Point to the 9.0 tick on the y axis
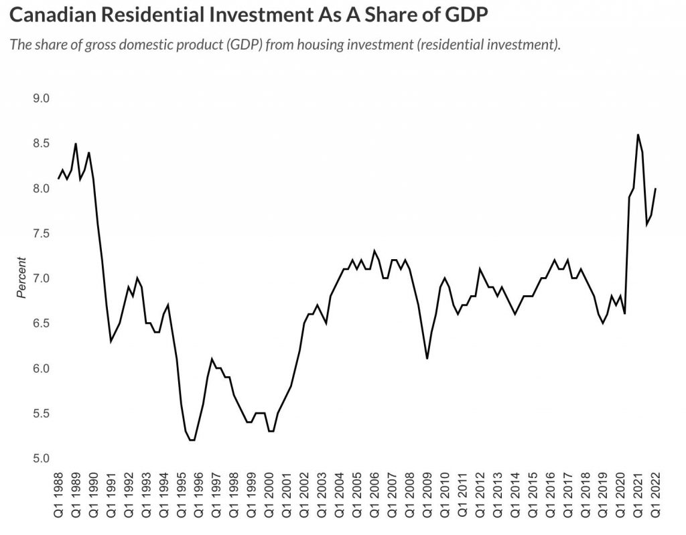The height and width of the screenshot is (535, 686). [x=42, y=98]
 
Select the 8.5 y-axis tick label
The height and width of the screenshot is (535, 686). [x=42, y=143]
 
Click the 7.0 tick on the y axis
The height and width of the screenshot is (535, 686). [x=42, y=278]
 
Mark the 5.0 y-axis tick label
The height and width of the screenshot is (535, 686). [x=42, y=459]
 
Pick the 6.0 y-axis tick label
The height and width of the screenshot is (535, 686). [x=42, y=368]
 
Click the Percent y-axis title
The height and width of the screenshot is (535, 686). [x=21, y=278]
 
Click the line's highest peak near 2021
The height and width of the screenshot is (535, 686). [x=638, y=135]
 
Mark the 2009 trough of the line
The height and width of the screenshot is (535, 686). [x=427, y=358]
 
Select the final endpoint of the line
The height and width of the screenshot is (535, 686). [x=655, y=189]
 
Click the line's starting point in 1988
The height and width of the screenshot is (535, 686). [x=58, y=179]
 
